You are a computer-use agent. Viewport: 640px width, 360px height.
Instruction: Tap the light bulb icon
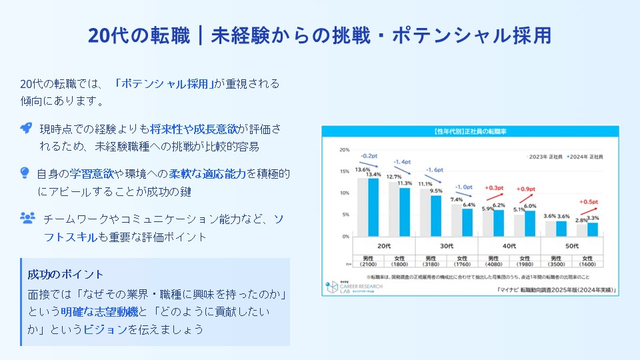25,173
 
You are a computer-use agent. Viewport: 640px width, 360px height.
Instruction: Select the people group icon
27,217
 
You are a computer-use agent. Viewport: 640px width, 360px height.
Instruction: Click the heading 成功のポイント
66,275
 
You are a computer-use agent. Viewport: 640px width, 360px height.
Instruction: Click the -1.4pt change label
401,162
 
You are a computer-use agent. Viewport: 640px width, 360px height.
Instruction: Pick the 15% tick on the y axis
345,171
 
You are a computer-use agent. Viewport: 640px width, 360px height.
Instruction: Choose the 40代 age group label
509,245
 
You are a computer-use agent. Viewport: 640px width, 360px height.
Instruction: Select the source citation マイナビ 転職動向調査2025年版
555,290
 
